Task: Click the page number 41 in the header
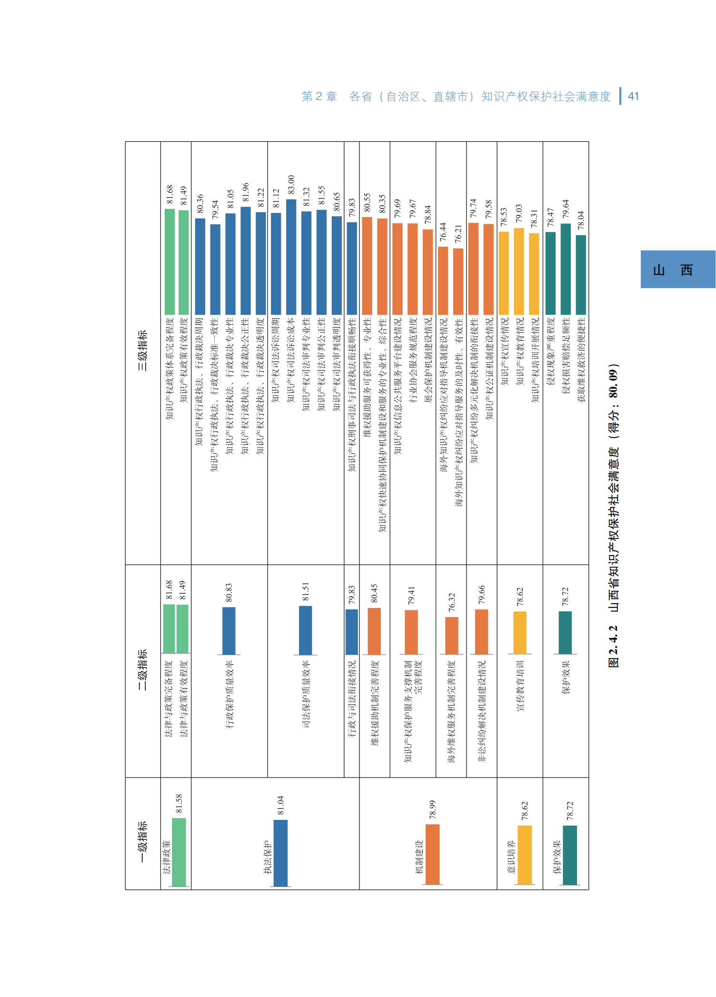point(633,96)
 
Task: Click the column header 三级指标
point(142,350)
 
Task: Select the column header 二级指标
point(142,669)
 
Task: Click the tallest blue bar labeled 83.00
point(291,257)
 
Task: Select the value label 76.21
point(458,234)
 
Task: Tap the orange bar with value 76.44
point(443,280)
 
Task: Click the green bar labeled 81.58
point(179,852)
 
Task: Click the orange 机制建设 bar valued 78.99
point(432,855)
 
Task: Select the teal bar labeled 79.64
point(566,269)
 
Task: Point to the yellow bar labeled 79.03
point(519,271)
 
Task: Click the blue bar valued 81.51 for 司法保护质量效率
point(306,630)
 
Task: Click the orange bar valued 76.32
point(452,636)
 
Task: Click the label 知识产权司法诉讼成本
point(291,361)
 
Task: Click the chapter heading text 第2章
point(319,97)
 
